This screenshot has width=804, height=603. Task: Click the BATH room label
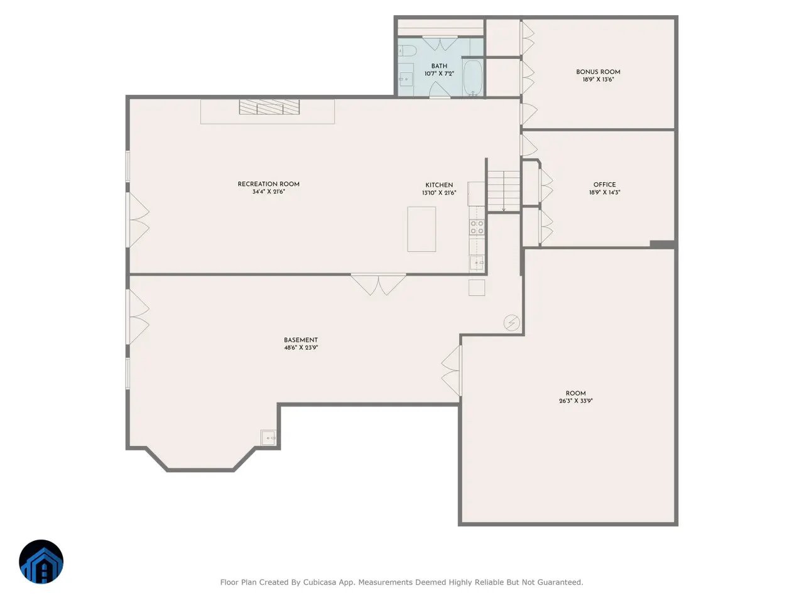click(x=439, y=67)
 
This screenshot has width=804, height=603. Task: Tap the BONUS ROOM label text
click(x=598, y=72)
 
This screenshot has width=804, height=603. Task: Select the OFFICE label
click(x=604, y=185)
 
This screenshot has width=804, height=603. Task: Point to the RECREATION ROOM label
click(x=268, y=184)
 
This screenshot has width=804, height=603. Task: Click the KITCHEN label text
click(x=439, y=185)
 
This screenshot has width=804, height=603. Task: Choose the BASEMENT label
click(x=301, y=340)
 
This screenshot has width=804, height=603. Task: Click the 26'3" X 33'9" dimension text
click(x=575, y=401)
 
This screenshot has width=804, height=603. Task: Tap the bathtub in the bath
click(x=473, y=78)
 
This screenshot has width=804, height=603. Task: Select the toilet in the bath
click(x=406, y=51)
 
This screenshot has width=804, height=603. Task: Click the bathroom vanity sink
click(x=406, y=79)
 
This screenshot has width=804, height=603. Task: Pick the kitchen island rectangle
click(x=421, y=229)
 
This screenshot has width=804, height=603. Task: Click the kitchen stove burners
click(x=477, y=227)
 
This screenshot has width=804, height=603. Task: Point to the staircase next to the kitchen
click(x=504, y=191)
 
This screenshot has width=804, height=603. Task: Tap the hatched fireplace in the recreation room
click(x=269, y=107)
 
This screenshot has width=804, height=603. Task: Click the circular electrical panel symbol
click(x=511, y=323)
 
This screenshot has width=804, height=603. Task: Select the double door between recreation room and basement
click(x=378, y=284)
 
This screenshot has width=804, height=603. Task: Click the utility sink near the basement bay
click(x=268, y=438)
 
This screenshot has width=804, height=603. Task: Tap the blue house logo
click(x=41, y=562)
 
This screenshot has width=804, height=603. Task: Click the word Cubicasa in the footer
click(x=319, y=582)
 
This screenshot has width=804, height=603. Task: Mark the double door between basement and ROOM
click(x=452, y=371)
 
